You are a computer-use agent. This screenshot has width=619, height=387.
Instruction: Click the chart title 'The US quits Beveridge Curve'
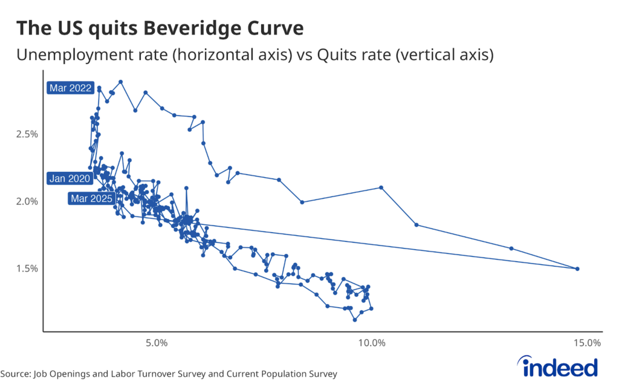pos(160,28)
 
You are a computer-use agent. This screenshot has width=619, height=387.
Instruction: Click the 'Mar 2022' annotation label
pos(71,88)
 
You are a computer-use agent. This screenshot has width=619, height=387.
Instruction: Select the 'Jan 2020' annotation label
pos(70,178)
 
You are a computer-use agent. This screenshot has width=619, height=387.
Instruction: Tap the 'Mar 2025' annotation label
pos(91,198)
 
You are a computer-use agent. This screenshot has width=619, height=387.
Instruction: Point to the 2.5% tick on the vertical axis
pos(26,134)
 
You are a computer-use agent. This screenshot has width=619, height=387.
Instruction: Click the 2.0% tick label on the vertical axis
pos(26,201)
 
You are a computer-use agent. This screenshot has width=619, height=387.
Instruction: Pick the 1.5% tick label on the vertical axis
pos(26,268)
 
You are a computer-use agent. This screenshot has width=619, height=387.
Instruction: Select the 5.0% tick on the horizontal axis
pos(157,343)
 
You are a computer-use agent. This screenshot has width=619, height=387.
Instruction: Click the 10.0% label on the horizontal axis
pos(371,343)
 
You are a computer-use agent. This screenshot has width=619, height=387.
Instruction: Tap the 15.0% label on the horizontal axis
pos(586,343)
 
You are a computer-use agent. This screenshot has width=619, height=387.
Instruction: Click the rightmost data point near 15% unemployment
pos(577,268)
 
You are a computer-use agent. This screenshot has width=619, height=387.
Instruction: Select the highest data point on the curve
pos(121,82)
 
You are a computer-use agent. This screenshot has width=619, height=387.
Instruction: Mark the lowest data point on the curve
pos(355,319)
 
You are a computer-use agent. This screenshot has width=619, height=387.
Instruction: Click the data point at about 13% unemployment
pos(511,249)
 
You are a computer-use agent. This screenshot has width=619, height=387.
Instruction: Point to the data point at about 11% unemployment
pos(416,225)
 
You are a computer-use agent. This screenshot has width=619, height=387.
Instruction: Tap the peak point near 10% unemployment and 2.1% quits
pos(381,187)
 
